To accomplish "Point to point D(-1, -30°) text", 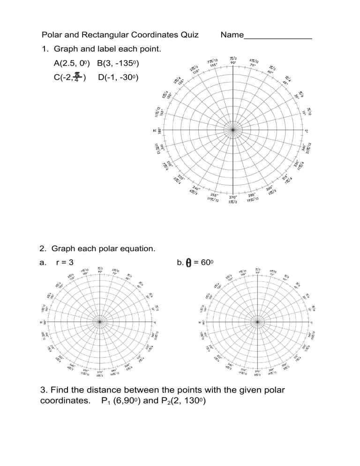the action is point(119,77).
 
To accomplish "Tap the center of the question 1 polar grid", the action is point(233,129).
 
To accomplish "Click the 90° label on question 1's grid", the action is point(233,62).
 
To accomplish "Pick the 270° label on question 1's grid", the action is point(233,197).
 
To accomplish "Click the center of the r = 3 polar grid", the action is point(99,322).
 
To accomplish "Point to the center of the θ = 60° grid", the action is point(257,322).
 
